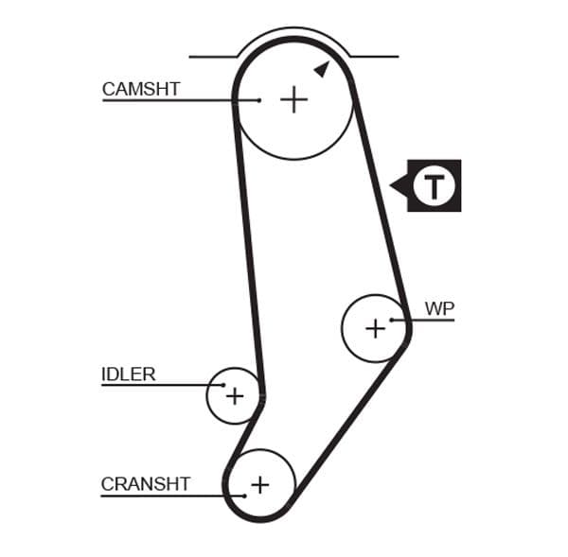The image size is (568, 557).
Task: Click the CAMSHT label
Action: pos(140,90)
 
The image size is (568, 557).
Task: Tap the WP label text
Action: pos(439,309)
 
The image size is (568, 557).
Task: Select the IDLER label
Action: pos(128,374)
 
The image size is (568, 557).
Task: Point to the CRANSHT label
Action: pos(146,484)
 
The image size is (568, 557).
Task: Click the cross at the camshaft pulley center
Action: pos(294,99)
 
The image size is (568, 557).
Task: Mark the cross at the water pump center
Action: pos(375,328)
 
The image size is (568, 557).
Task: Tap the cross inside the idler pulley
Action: pos(234,395)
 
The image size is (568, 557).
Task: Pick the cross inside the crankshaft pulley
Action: pos(259,485)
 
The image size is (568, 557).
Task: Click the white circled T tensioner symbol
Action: pos(435,185)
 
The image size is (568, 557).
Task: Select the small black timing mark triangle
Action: pos(322,68)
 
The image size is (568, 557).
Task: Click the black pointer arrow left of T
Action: pos(399,185)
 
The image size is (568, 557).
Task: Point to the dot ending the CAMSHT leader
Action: pos(259,99)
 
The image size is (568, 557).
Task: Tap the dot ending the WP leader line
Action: pos(392,320)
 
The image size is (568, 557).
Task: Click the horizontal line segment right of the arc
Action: pos(375,57)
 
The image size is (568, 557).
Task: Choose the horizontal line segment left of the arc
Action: pos(212,57)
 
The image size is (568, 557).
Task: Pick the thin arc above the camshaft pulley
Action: pos(293,29)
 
